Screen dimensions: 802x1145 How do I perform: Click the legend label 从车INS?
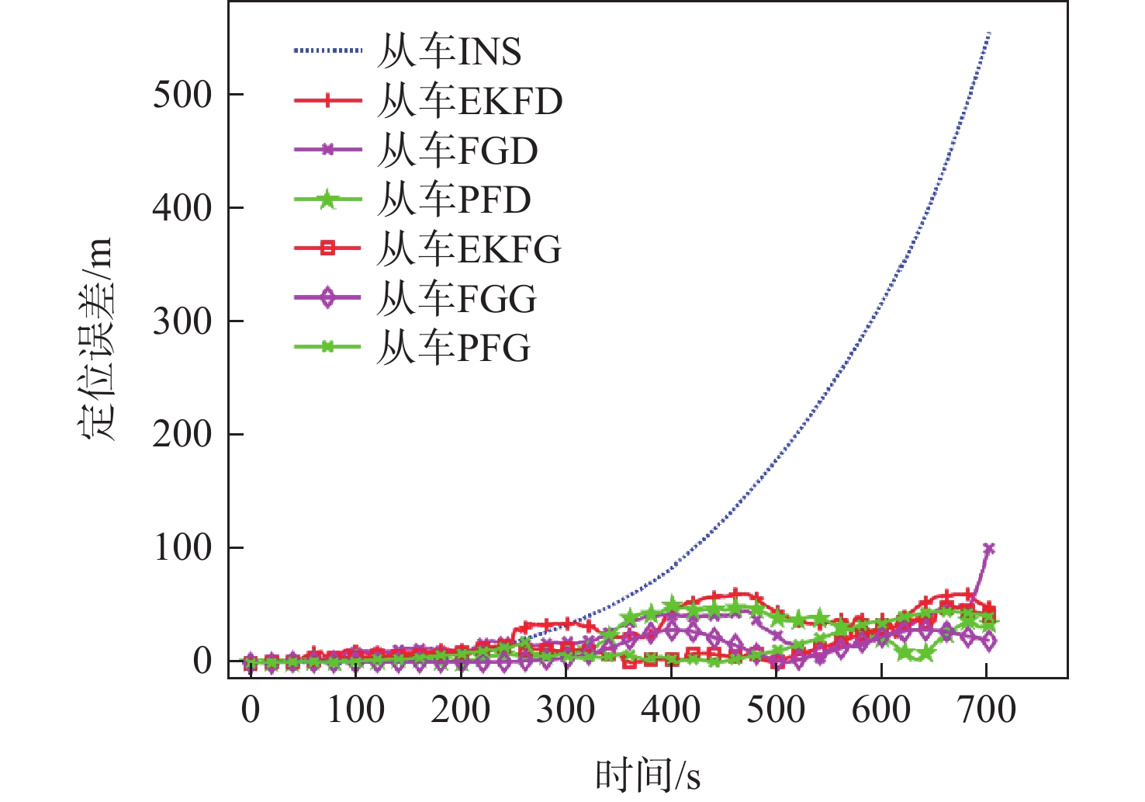[x=449, y=52]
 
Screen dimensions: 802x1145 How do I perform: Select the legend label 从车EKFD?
[x=469, y=101]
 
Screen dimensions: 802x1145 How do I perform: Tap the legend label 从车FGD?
[x=457, y=151]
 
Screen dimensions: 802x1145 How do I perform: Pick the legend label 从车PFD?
[x=454, y=200]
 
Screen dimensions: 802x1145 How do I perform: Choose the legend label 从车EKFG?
[x=469, y=249]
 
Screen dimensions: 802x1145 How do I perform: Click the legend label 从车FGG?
[x=456, y=298]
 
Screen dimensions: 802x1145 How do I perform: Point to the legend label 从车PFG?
[x=453, y=347]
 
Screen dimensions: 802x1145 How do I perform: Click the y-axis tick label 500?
[x=182, y=95]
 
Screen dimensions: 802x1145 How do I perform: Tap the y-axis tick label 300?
[x=182, y=321]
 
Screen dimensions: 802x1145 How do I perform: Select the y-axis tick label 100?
[x=182, y=548]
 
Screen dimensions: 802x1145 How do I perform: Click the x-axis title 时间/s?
[x=648, y=775]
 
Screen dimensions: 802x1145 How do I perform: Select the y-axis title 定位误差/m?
[x=98, y=339]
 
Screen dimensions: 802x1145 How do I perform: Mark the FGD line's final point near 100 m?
[x=988, y=549]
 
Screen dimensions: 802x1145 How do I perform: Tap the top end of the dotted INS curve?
[x=989, y=33]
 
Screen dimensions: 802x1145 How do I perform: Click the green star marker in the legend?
[x=327, y=200]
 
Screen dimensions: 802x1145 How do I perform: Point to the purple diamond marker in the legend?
[x=327, y=297]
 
